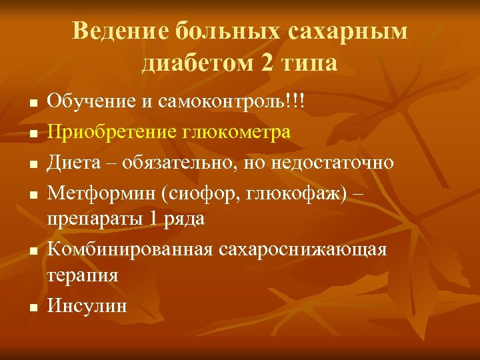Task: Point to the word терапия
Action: coord(83,275)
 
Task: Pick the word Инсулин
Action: coord(87,305)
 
